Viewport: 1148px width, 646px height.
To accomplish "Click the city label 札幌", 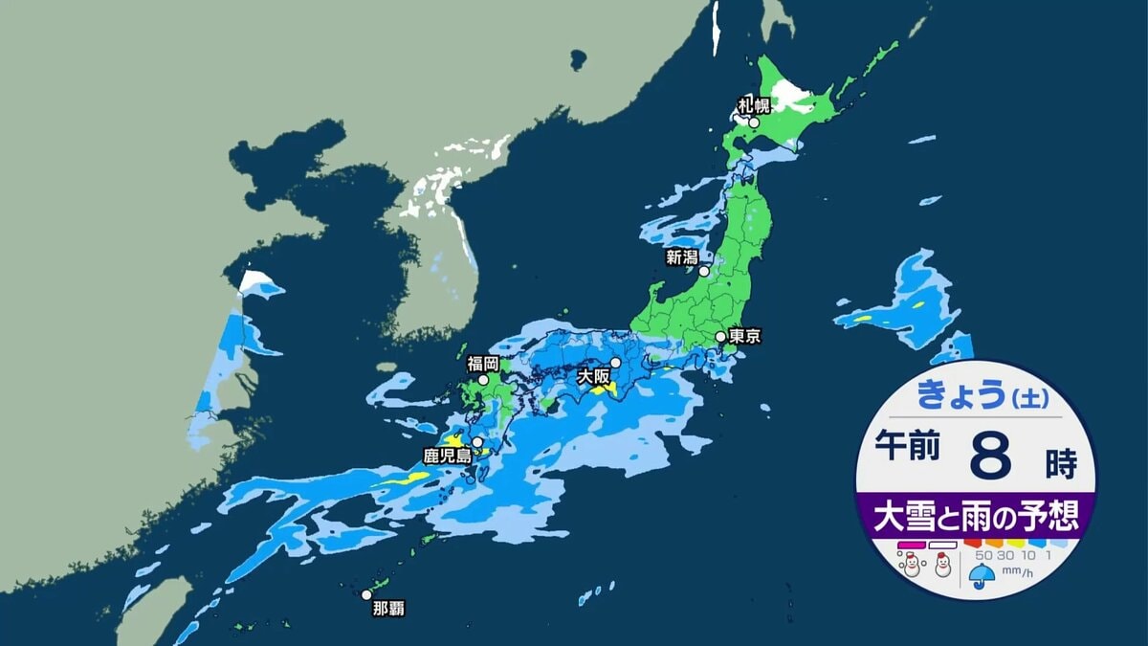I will pos(753,104).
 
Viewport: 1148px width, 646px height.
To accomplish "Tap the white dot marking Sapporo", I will pos(754,122).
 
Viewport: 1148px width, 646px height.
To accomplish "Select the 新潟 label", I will pos(683,256).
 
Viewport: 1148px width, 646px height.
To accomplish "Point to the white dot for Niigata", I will pos(704,271).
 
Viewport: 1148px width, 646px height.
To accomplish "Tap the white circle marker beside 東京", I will pos(720,337).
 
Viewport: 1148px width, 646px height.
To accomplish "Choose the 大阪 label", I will pos(594,377).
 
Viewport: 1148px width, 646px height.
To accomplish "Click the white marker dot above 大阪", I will pos(616,363).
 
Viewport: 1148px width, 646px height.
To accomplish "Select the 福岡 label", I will pos(483,364).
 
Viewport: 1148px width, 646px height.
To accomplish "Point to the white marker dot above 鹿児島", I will pos(476,442).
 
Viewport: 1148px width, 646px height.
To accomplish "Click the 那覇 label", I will pos(388,607).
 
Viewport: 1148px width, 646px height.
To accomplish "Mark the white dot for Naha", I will pos(365,594).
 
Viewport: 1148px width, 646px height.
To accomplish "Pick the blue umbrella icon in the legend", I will pos(982,575).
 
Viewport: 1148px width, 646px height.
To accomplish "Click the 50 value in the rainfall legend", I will pos(982,554).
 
